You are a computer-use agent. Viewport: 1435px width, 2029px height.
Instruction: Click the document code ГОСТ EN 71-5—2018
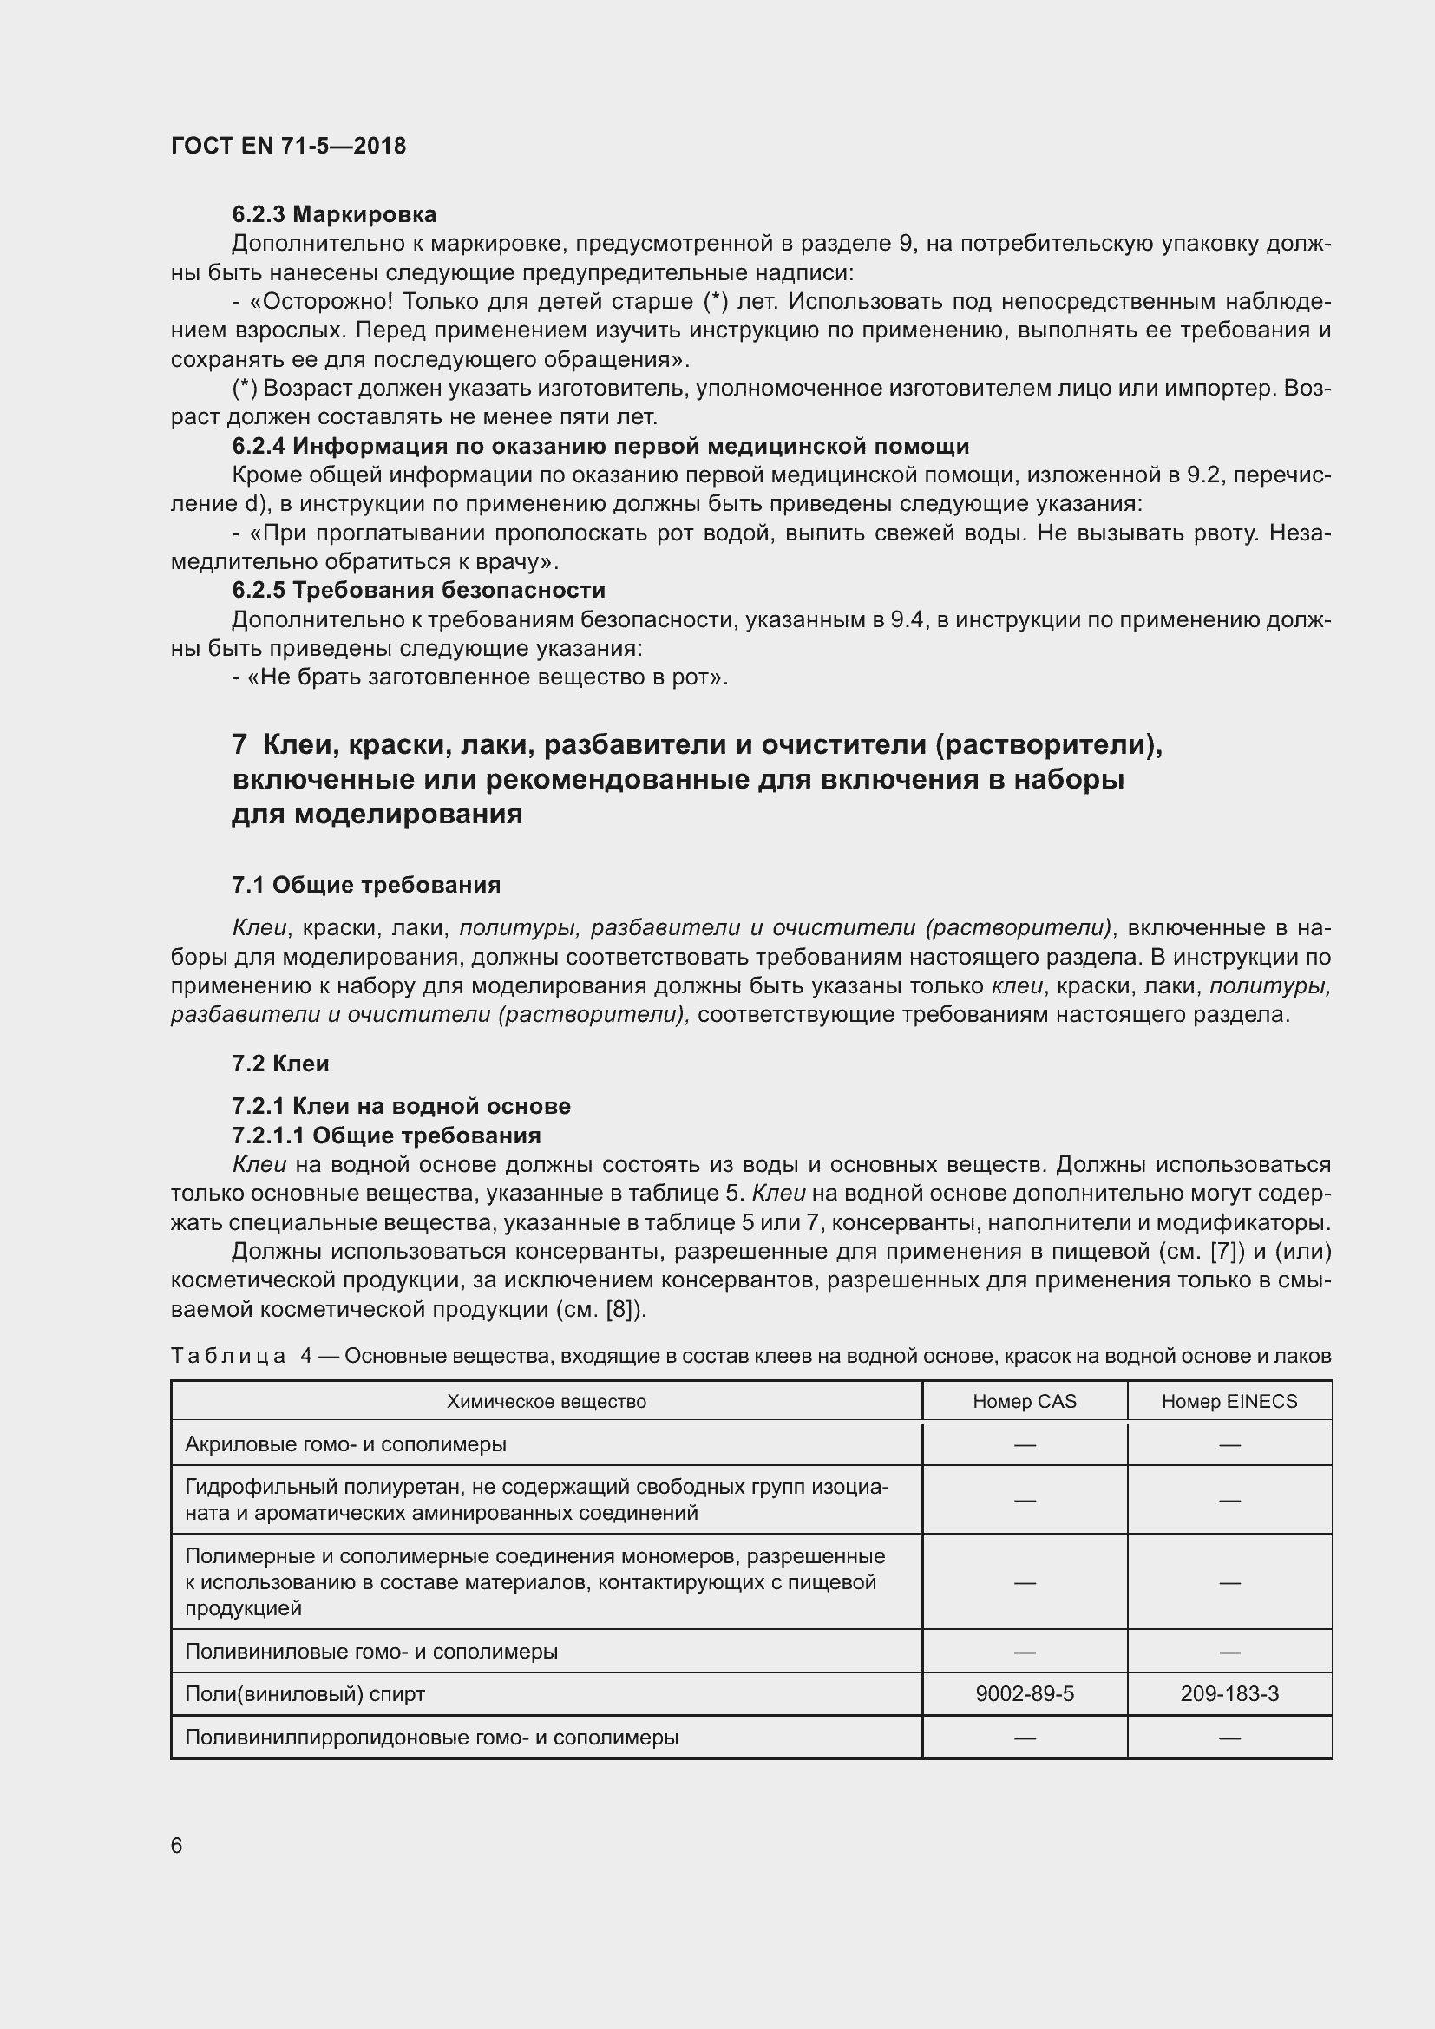pos(288,146)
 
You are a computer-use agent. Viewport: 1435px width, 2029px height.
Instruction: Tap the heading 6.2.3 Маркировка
pos(334,215)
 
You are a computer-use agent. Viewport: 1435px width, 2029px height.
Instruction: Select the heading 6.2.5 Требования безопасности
pos(418,591)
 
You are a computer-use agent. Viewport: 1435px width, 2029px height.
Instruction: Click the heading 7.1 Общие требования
pos(366,885)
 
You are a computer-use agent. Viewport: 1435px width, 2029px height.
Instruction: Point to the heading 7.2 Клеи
pos(280,1064)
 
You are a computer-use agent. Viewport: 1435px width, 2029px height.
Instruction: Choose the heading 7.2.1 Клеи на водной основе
pos(400,1105)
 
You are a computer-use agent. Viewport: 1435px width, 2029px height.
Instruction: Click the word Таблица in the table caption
pos(228,1356)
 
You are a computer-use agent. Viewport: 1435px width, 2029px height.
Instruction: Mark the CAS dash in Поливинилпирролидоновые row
pos(1024,1738)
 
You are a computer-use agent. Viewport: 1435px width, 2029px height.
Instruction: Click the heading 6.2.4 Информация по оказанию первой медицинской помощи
pos(600,446)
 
